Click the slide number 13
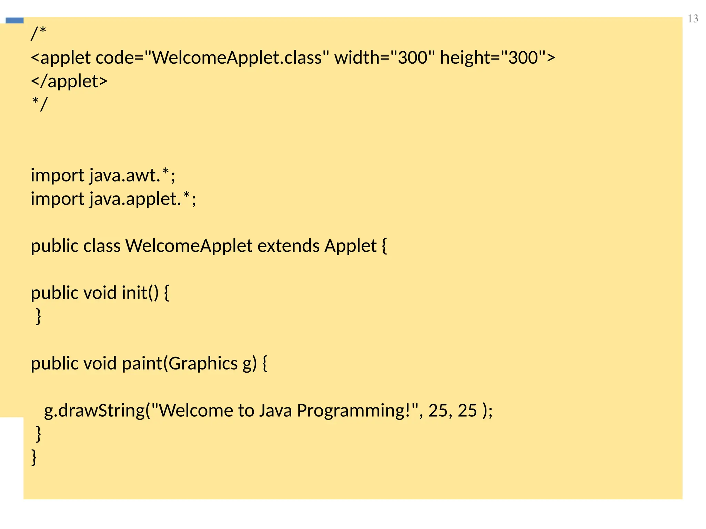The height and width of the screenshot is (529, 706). click(x=693, y=19)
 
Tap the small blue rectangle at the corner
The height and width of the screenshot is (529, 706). click(x=14, y=21)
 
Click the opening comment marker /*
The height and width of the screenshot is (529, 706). click(x=38, y=34)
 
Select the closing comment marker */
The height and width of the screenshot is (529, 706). click(x=39, y=104)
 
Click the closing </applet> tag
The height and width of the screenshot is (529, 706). click(x=69, y=81)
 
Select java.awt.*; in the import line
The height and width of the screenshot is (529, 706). click(x=132, y=175)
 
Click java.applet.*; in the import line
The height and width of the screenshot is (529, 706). click(x=143, y=199)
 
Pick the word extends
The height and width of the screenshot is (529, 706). click(x=288, y=246)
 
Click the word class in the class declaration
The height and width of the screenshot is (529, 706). click(x=102, y=246)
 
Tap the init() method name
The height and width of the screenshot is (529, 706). click(x=140, y=293)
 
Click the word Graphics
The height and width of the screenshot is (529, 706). click(x=203, y=363)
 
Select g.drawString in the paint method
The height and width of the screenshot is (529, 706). click(x=94, y=411)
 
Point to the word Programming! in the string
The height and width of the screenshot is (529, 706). click(x=357, y=411)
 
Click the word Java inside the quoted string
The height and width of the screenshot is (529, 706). click(x=275, y=411)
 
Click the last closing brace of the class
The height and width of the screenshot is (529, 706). click(x=34, y=457)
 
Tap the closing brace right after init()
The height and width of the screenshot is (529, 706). click(x=39, y=316)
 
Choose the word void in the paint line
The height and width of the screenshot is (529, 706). click(x=100, y=363)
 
